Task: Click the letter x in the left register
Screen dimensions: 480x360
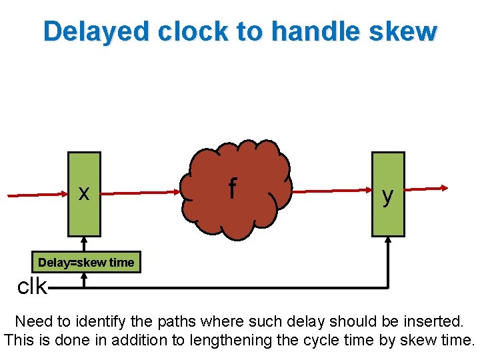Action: (x=84, y=193)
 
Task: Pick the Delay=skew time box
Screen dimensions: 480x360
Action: (x=86, y=263)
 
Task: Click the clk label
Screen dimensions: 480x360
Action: (x=31, y=287)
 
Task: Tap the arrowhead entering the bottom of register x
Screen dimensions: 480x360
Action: (x=85, y=241)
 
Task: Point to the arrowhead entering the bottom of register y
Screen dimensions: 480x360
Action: (x=388, y=241)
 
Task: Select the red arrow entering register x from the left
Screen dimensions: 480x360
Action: (x=37, y=195)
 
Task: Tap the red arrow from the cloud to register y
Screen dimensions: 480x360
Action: (x=330, y=191)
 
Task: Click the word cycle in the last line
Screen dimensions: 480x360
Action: (x=317, y=340)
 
